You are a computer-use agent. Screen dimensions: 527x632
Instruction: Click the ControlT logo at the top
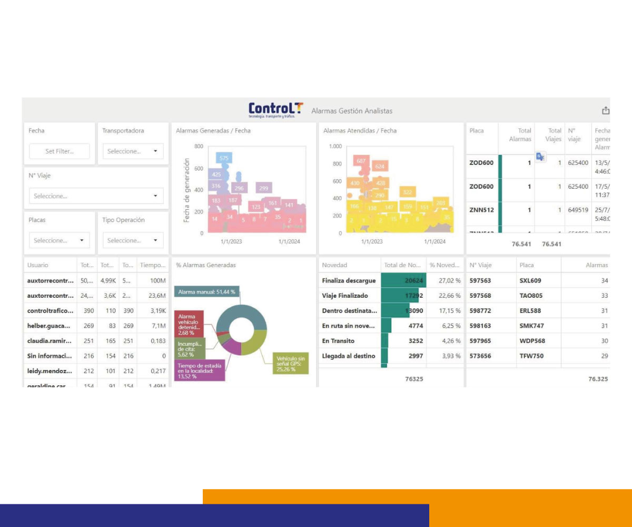(275, 110)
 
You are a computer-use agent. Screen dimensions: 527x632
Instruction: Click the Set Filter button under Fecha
(59, 151)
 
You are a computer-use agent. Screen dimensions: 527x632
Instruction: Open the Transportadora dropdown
(132, 151)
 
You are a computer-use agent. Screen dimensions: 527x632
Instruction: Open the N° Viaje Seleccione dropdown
(96, 196)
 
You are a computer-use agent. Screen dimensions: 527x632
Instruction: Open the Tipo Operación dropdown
(132, 240)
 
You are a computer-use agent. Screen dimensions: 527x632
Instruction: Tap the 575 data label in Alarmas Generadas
(224, 158)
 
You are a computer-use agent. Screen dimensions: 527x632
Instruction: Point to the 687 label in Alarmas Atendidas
(361, 161)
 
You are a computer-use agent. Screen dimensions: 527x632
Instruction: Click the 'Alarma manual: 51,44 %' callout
(206, 291)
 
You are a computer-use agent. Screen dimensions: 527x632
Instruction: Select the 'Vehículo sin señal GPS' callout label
(291, 364)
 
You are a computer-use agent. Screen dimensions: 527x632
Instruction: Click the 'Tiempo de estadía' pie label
(199, 371)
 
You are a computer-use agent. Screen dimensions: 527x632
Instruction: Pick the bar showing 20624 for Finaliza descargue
(403, 281)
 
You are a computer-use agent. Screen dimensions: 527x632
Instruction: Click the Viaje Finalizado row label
(345, 296)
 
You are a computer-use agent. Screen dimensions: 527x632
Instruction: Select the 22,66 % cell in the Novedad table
(445, 296)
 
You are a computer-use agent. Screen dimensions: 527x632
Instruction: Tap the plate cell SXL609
(530, 281)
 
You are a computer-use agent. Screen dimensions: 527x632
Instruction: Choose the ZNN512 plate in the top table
(481, 210)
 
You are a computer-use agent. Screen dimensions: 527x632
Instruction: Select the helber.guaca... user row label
(48, 326)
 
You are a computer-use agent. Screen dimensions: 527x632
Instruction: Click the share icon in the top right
(606, 111)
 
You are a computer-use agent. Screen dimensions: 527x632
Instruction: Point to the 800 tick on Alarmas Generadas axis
(199, 147)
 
